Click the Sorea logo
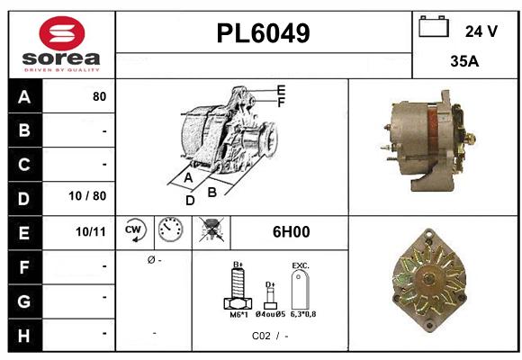[x=59, y=45]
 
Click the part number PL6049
[x=264, y=33]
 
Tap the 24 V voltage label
[x=481, y=31]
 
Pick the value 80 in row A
[x=99, y=97]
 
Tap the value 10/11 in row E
[x=91, y=232]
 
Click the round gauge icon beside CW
[x=169, y=232]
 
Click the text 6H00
[x=291, y=232]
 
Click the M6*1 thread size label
[x=238, y=315]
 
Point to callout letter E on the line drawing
[x=281, y=90]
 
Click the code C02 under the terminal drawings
[x=261, y=337]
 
